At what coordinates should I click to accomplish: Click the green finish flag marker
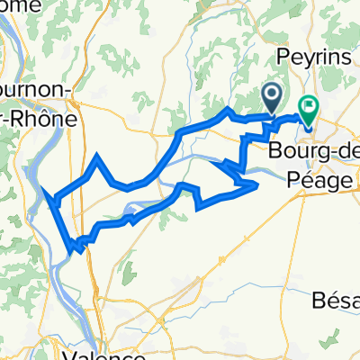pyautogui.click(x=308, y=110)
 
